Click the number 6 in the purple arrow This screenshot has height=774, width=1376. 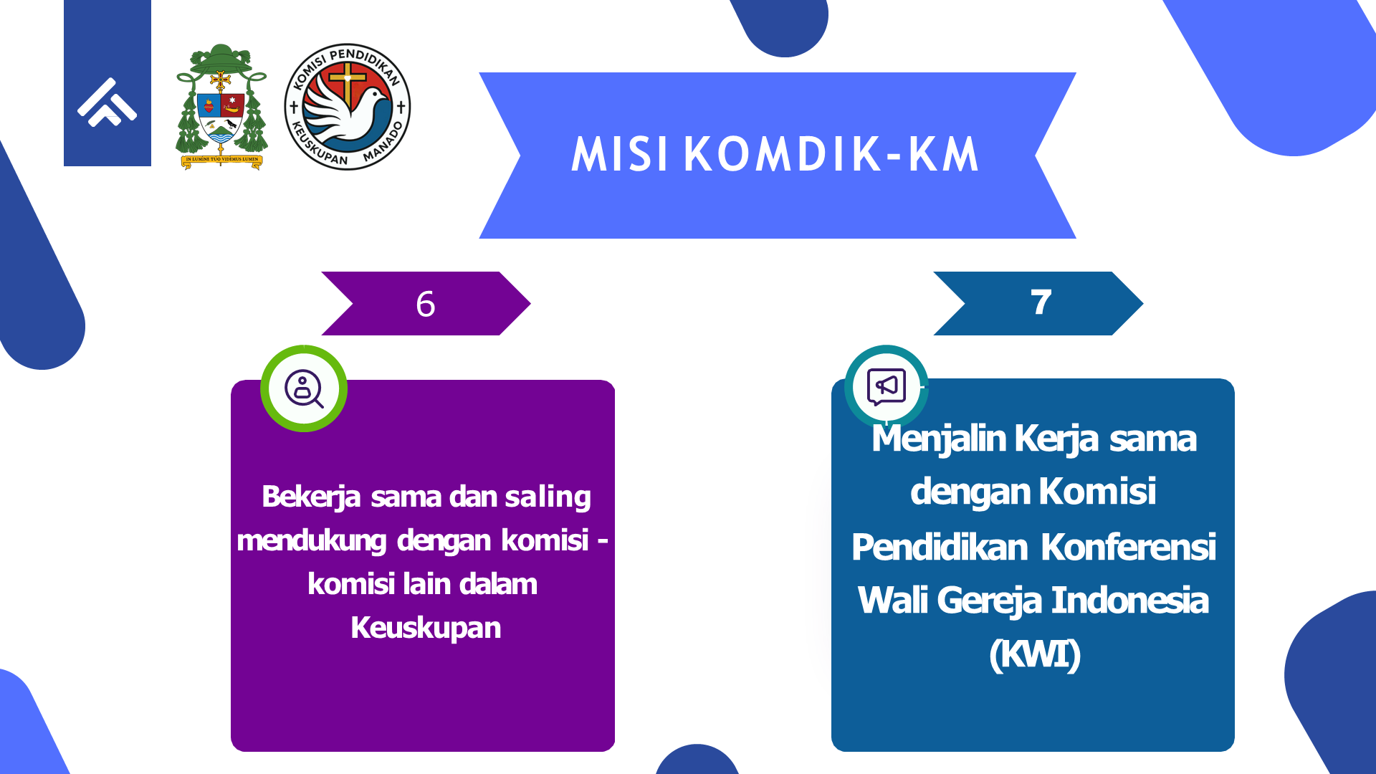click(425, 304)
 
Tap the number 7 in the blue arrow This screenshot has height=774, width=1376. click(1041, 302)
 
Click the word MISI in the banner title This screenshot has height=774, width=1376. click(620, 154)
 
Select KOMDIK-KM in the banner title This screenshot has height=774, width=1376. click(831, 154)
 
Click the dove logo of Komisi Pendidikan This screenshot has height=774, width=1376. click(348, 106)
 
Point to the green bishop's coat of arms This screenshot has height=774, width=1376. click(221, 107)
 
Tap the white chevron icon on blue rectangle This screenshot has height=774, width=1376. click(107, 102)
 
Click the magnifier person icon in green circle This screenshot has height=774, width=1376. click(304, 388)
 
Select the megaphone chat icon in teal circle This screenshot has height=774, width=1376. click(887, 387)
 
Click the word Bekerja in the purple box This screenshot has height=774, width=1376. click(311, 497)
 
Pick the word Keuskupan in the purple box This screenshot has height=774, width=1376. click(426, 628)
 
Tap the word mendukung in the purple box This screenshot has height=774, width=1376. click(312, 541)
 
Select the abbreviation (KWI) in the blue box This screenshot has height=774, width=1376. click(1035, 654)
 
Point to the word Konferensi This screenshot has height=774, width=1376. click(1128, 547)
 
